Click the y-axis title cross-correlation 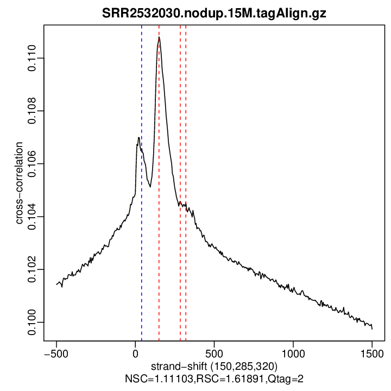20,182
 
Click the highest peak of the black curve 159,37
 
